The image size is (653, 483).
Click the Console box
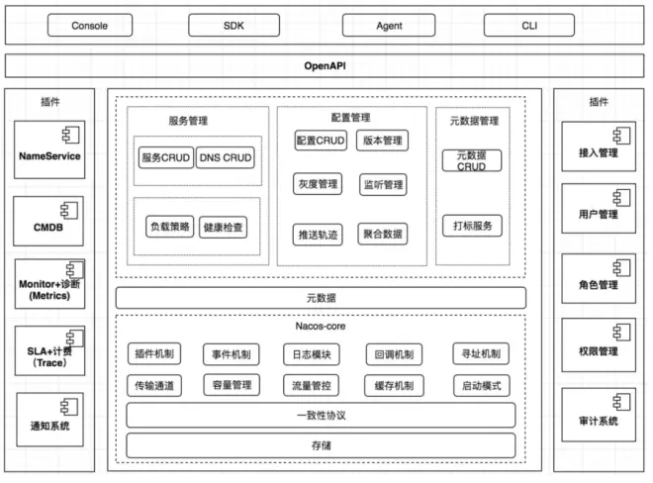tap(90, 26)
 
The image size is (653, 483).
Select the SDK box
tap(233, 26)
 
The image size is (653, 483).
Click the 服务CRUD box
tap(165, 157)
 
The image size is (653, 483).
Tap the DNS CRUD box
tap(225, 157)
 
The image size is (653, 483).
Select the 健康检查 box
tap(225, 227)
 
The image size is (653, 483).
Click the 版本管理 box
tap(382, 141)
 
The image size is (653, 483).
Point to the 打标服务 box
tap(472, 225)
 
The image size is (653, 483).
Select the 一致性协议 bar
tap(321, 414)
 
